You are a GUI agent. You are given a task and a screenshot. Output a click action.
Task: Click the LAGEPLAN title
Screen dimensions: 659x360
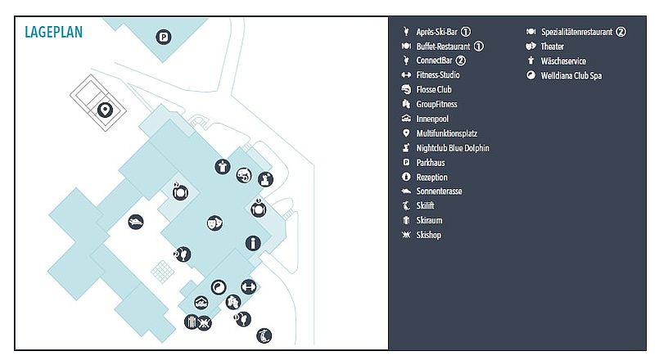(54, 32)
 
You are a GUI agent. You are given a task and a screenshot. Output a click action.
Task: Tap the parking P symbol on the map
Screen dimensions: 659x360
(164, 37)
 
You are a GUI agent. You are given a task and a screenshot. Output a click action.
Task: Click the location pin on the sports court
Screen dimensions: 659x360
(105, 110)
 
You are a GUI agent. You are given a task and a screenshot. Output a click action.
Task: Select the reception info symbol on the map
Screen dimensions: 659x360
(253, 243)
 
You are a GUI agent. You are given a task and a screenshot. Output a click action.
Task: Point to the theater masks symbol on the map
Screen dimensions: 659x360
(214, 223)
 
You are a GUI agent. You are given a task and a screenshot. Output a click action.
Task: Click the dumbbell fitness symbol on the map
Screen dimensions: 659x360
(248, 287)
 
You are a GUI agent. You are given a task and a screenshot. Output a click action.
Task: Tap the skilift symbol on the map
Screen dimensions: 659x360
(264, 335)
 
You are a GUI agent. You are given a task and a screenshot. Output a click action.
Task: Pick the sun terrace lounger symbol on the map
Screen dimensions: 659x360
(136, 222)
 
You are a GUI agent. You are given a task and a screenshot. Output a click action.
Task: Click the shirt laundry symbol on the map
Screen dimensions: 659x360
(223, 167)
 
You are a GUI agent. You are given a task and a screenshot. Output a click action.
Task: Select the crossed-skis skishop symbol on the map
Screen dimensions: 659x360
(205, 323)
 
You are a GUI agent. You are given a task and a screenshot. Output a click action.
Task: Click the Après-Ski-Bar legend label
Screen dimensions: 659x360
(436, 32)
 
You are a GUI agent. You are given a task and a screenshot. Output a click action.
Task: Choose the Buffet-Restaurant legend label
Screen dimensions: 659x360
(443, 46)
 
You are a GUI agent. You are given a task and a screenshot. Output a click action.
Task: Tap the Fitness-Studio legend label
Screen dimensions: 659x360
(438, 74)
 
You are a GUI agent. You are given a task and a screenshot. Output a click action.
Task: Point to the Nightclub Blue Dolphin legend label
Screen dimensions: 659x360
(453, 148)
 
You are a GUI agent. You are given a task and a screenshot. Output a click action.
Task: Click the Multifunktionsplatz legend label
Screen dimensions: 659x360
(447, 133)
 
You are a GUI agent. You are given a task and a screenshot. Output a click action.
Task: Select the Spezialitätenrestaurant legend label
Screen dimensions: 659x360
(576, 32)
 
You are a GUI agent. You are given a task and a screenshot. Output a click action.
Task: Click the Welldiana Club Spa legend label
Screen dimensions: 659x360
(571, 75)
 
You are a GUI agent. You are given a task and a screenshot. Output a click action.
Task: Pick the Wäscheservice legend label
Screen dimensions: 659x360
(563, 61)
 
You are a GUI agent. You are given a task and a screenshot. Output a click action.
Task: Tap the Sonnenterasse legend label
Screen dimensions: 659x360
(439, 191)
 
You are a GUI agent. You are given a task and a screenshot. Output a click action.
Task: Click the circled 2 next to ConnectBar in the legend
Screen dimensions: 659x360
(461, 61)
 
